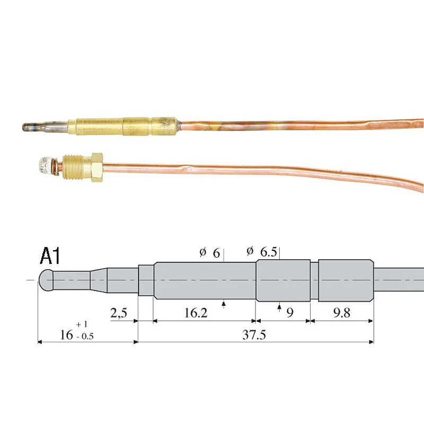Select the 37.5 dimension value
[x=256, y=334]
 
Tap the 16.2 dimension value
[x=196, y=313]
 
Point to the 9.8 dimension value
[x=342, y=313]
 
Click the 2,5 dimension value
[x=119, y=313]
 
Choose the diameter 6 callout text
[x=210, y=253]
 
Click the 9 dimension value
[x=290, y=313]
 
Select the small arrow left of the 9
[x=279, y=306]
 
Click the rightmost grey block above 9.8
[x=345, y=279]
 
